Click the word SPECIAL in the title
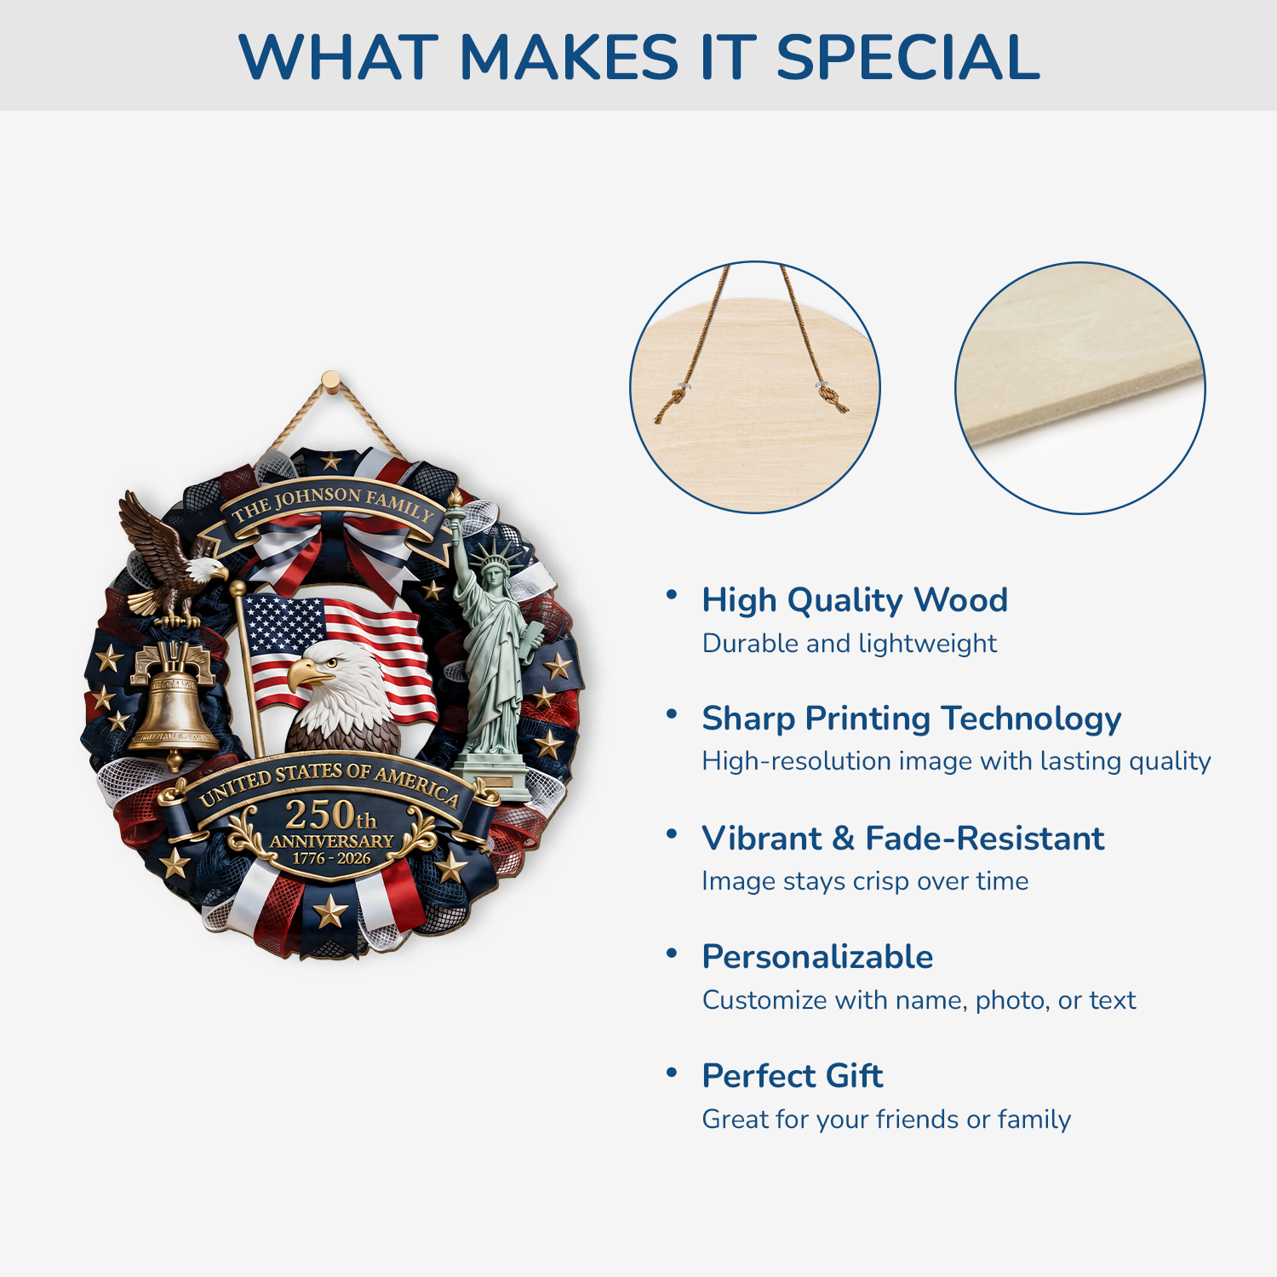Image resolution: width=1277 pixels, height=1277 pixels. pyautogui.click(x=908, y=57)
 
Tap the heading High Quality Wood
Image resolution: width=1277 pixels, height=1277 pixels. pyautogui.click(x=855, y=601)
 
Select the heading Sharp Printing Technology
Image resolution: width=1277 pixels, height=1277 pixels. pyautogui.click(x=912, y=719)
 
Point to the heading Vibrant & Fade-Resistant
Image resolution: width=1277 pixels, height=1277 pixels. pyautogui.click(x=903, y=839)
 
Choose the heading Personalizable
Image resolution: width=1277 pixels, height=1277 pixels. pyautogui.click(x=817, y=957)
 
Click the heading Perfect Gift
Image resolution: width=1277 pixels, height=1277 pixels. pyautogui.click(x=793, y=1076)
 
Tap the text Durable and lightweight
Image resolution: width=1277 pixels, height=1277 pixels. pyautogui.click(x=850, y=644)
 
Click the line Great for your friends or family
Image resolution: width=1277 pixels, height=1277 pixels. pyautogui.click(x=886, y=1120)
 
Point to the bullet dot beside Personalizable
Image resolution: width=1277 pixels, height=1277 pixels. pyautogui.click(x=672, y=953)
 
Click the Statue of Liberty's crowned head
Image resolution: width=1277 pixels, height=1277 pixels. pyautogui.click(x=493, y=570)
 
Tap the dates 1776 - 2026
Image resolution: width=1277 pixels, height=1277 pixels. pyautogui.click(x=332, y=858)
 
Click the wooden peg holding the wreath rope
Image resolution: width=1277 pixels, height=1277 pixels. pyautogui.click(x=330, y=381)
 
